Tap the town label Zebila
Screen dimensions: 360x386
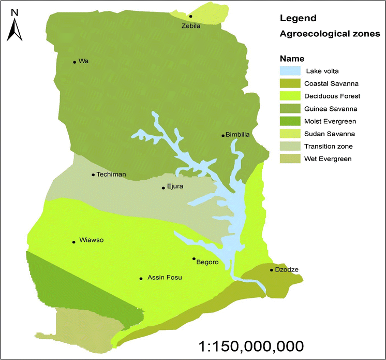(x=190, y=25)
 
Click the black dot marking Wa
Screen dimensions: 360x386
(x=75, y=62)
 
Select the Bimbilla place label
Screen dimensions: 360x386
(x=238, y=135)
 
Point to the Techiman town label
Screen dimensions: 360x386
(x=111, y=175)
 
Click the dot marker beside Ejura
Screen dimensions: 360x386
(x=163, y=188)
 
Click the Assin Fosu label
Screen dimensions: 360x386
(x=165, y=278)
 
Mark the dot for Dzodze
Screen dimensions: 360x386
(x=271, y=270)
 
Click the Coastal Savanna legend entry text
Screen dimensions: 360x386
(x=332, y=83)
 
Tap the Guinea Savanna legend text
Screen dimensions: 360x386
(x=331, y=108)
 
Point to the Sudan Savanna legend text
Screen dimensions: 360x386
(x=330, y=134)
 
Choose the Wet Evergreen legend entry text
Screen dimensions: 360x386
(x=328, y=159)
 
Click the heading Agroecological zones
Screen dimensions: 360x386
(x=330, y=34)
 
